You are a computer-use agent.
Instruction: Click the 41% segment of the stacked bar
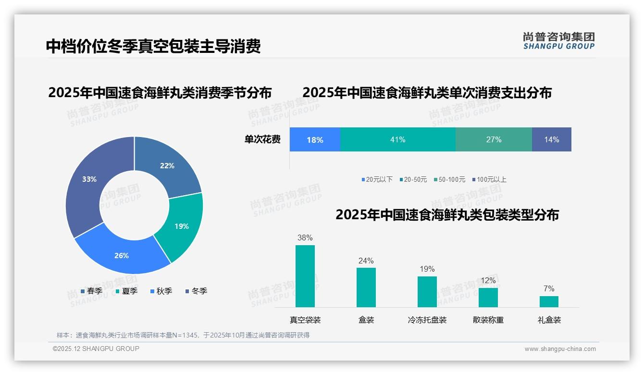click(397, 139)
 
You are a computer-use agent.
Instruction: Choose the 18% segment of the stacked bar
click(315, 139)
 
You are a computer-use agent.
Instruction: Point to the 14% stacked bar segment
click(551, 139)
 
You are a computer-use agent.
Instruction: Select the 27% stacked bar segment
click(494, 139)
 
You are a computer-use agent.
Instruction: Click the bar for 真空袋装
click(305, 276)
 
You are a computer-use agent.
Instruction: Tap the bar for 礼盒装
click(549, 301)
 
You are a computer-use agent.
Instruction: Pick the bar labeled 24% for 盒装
click(366, 287)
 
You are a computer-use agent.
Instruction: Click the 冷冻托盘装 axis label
click(427, 320)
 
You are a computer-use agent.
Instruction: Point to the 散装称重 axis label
click(488, 320)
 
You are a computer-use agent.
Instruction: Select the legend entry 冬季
click(196, 291)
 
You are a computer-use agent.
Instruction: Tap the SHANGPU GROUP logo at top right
click(559, 40)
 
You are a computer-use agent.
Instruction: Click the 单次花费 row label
click(262, 139)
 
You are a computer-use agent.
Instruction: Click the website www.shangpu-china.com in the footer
click(560, 349)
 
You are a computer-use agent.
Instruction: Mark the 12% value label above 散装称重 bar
click(488, 280)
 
